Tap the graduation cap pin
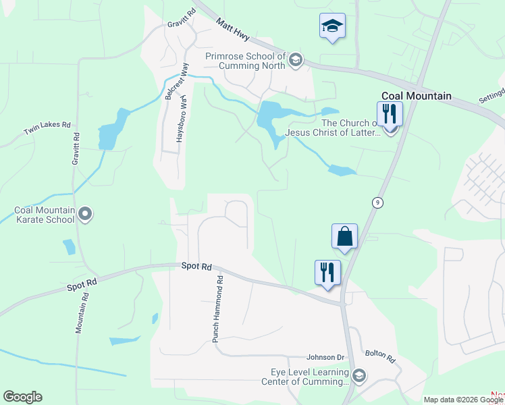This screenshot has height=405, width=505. click(x=331, y=27)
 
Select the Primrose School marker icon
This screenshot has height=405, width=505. click(x=295, y=61)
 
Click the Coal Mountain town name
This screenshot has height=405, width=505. click(x=416, y=96)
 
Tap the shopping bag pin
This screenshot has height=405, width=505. click(x=344, y=237)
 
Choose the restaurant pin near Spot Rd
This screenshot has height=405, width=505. click(x=327, y=273)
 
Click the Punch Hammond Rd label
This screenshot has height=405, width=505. click(x=217, y=308)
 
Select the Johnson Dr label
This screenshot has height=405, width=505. click(x=325, y=357)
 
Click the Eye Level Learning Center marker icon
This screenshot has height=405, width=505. click(x=359, y=376)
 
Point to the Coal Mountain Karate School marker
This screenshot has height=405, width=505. click(x=85, y=215)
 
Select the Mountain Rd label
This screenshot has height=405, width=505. click(x=82, y=313)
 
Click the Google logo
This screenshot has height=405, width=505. click(x=22, y=397)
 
